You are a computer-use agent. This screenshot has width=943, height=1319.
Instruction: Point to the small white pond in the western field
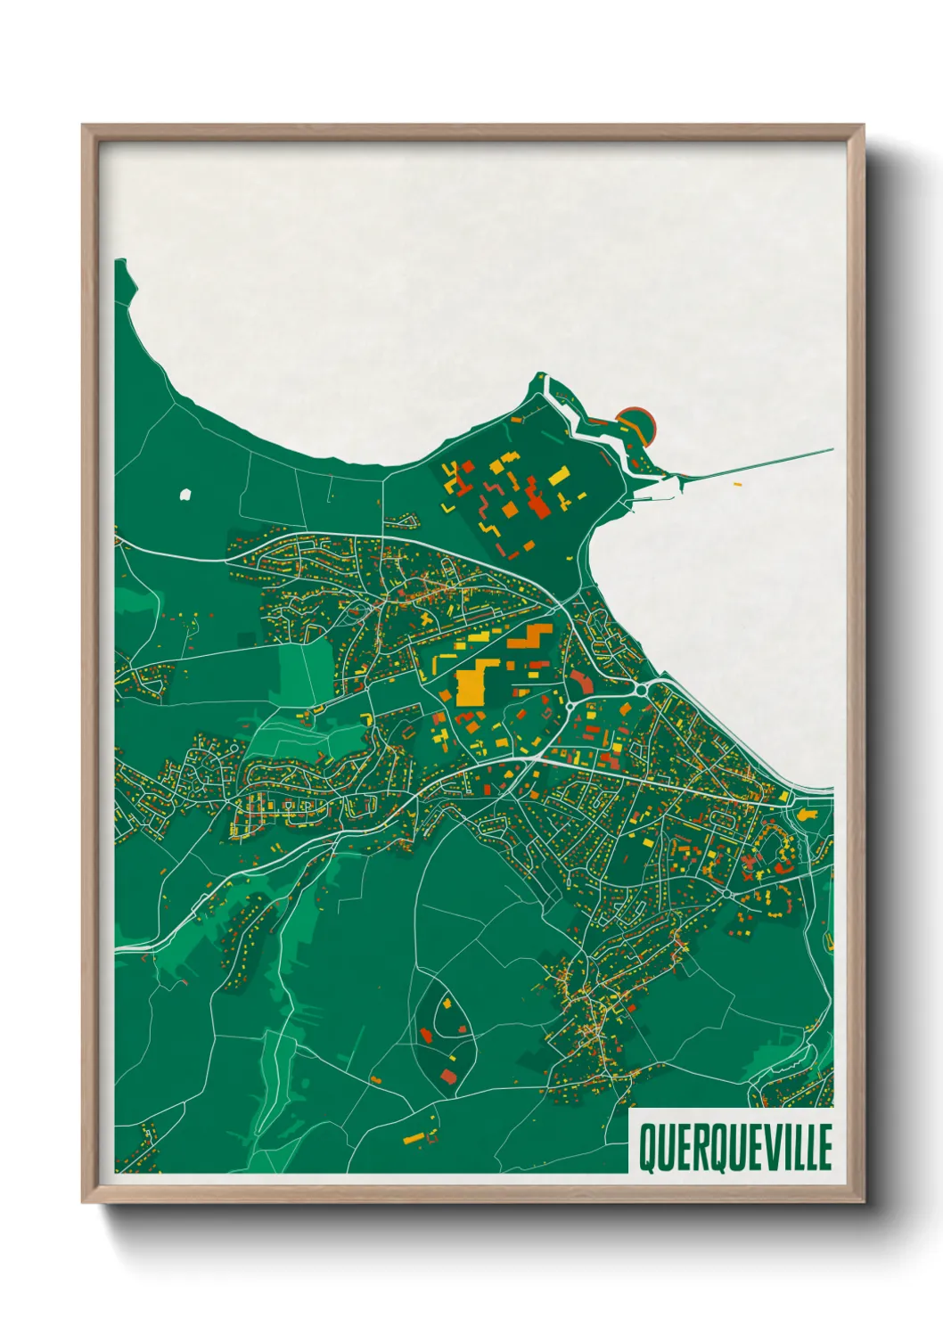[185, 494]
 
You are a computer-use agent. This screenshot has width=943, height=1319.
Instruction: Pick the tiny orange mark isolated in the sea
[737, 484]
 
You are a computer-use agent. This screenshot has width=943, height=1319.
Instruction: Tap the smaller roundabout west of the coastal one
[570, 708]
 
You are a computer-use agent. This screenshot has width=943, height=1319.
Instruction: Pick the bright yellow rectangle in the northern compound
[558, 476]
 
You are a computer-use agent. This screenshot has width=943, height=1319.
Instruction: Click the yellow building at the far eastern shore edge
[808, 815]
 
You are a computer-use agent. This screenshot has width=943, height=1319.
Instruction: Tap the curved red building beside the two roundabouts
[581, 684]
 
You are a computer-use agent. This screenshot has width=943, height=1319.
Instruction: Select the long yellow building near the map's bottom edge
[414, 1137]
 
